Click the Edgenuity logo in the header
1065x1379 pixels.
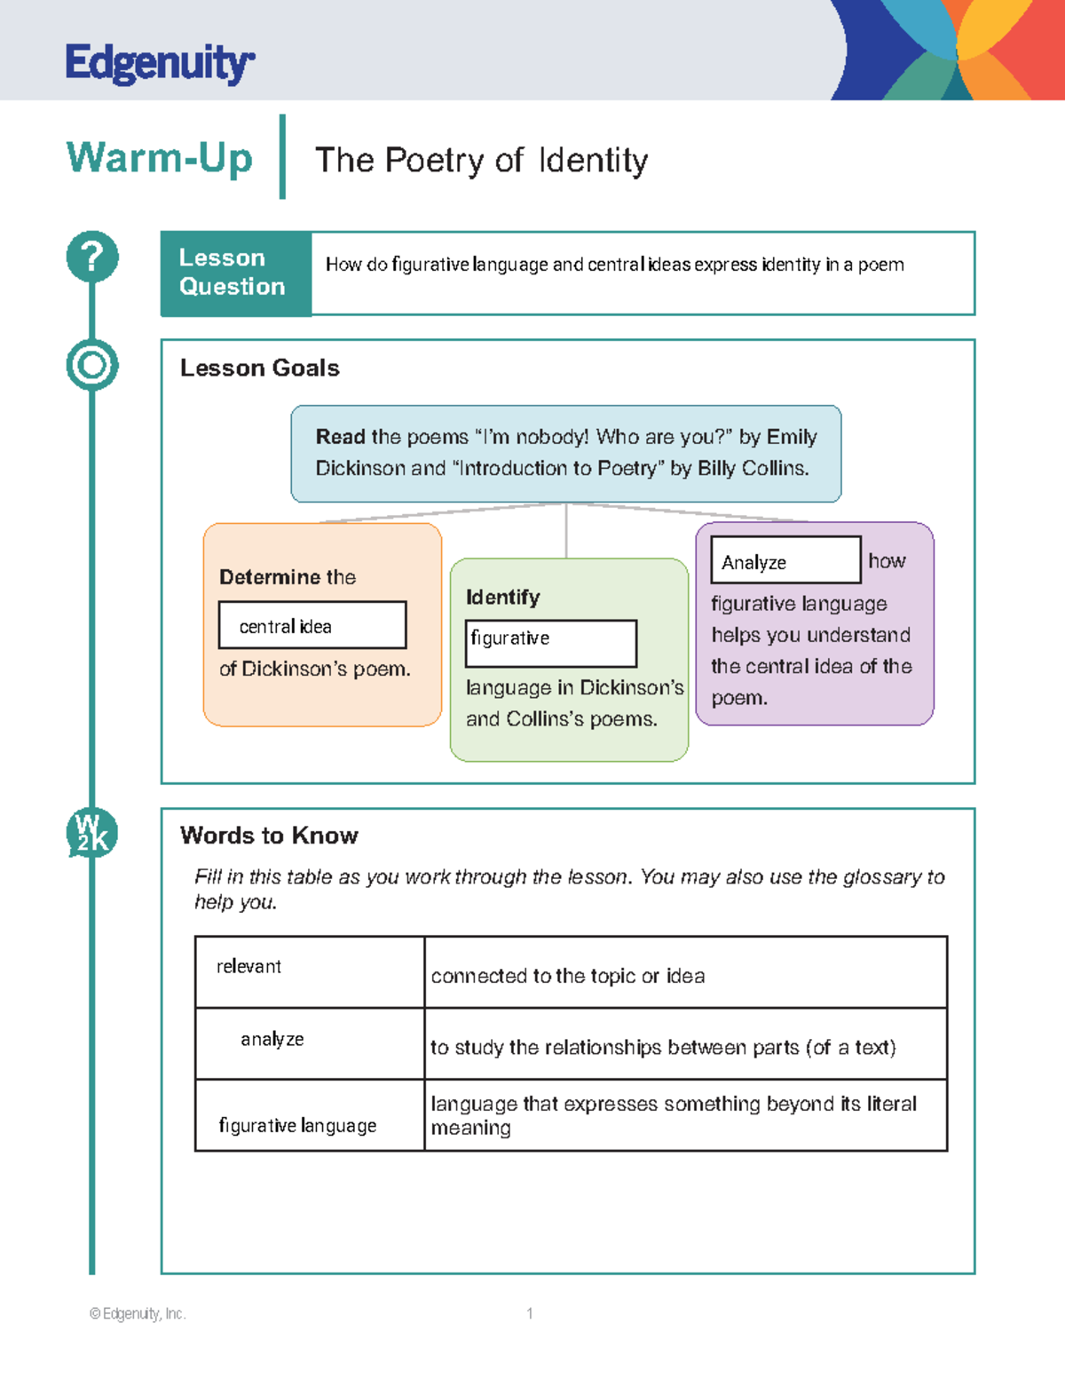coord(160,63)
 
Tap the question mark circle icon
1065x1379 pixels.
coord(92,258)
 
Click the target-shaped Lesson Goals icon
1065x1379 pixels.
coord(92,365)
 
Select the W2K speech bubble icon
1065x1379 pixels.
coord(92,834)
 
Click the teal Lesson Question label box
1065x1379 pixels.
coord(235,273)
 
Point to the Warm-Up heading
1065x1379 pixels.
coord(160,159)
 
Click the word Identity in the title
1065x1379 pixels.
coord(593,161)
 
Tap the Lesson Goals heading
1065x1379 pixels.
coord(259,368)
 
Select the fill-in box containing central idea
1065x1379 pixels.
coord(312,625)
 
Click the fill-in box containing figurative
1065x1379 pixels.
coord(551,643)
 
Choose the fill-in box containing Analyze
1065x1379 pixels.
coord(785,560)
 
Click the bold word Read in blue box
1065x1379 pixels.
coord(340,437)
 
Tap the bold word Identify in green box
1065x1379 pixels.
coord(502,598)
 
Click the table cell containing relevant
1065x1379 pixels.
coord(309,971)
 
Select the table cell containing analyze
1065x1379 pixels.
coord(309,1043)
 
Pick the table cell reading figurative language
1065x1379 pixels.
coord(309,1116)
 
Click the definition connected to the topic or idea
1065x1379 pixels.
coord(568,976)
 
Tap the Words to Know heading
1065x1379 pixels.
coord(269,836)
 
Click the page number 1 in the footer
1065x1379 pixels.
coord(530,1313)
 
